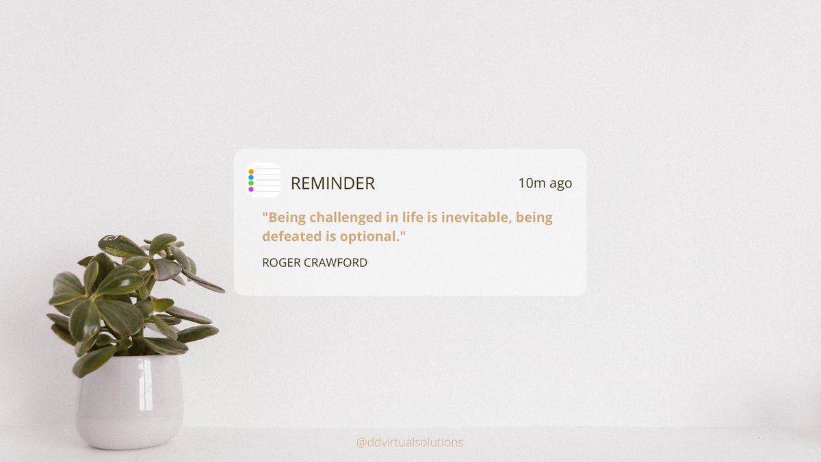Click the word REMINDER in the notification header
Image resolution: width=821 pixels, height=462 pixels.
333,183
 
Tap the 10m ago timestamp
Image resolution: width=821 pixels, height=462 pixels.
545,183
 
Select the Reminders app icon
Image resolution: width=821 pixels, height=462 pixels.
263,180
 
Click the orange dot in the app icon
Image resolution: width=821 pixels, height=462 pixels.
251,172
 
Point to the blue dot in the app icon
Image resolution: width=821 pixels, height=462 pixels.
251,178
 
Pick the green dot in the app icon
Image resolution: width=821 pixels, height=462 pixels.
251,183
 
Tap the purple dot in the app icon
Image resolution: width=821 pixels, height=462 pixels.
251,190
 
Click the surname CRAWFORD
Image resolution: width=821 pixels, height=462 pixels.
337,263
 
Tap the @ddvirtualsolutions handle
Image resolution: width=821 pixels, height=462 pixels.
410,443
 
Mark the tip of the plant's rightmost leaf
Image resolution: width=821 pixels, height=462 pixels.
223,290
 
